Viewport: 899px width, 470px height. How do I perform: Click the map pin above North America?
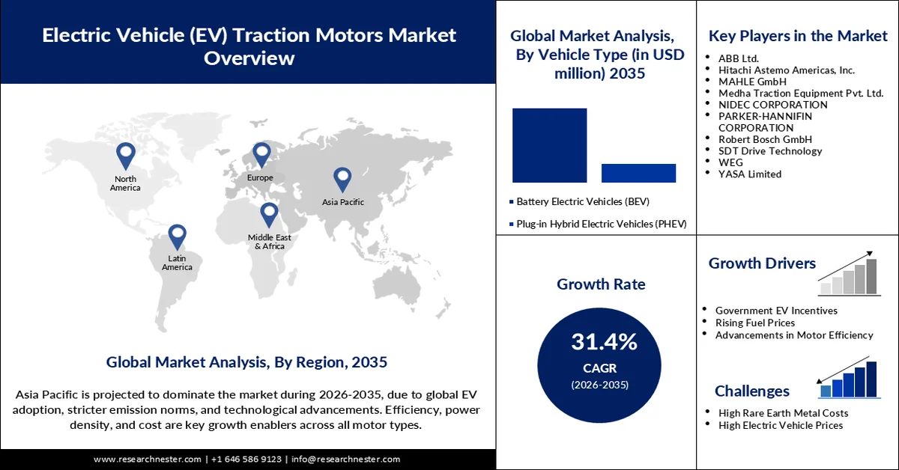click(x=125, y=156)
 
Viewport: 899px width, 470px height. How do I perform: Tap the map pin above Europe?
click(x=261, y=155)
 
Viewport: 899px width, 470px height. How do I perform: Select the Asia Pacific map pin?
click(x=342, y=179)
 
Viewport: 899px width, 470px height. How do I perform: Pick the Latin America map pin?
click(x=177, y=236)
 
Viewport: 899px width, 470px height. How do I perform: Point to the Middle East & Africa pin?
click(x=269, y=215)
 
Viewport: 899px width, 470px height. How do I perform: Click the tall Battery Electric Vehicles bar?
click(x=549, y=145)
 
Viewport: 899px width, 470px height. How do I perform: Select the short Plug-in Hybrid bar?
click(x=638, y=173)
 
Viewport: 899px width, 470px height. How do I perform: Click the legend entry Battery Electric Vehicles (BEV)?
click(x=582, y=202)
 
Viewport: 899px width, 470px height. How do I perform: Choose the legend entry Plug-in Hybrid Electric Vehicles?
click(x=600, y=224)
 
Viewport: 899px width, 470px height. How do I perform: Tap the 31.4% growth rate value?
click(x=604, y=343)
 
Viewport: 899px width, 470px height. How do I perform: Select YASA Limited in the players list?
click(x=749, y=174)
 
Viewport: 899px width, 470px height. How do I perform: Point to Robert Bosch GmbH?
click(x=764, y=139)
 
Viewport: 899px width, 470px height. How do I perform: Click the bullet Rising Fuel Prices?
click(x=755, y=323)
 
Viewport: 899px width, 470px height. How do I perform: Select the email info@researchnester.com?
click(x=345, y=460)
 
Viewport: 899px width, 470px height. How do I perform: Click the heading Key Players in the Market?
click(x=797, y=36)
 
